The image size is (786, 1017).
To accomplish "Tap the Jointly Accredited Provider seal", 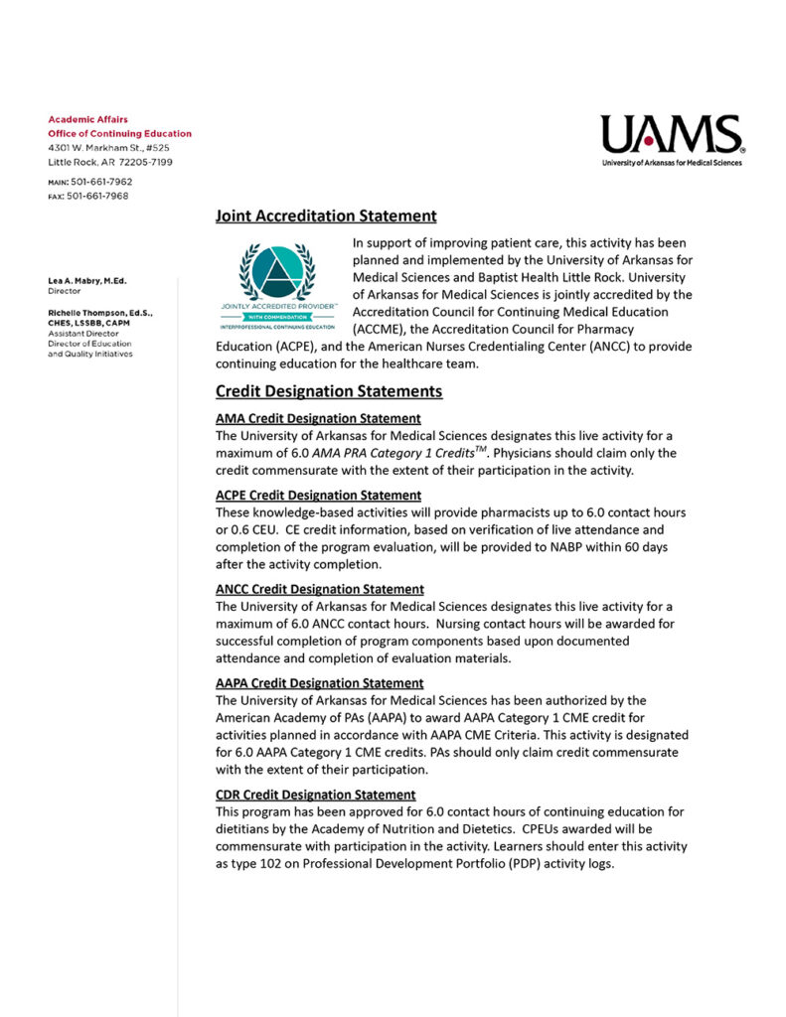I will point(277,289).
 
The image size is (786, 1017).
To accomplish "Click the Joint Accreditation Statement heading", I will point(326,216).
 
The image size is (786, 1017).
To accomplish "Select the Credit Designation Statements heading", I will point(329,391).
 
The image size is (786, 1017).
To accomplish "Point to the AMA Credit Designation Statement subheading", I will point(318,418).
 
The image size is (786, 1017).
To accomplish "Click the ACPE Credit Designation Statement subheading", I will point(318,495).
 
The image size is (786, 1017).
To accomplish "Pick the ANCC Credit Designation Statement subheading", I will point(320,589).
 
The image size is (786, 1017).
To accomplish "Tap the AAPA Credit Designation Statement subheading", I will point(320,683).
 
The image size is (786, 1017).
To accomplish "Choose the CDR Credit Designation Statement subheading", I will point(316,795).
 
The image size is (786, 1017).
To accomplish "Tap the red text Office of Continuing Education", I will point(119,133).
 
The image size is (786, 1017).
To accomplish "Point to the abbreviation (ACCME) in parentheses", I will point(381,328).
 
